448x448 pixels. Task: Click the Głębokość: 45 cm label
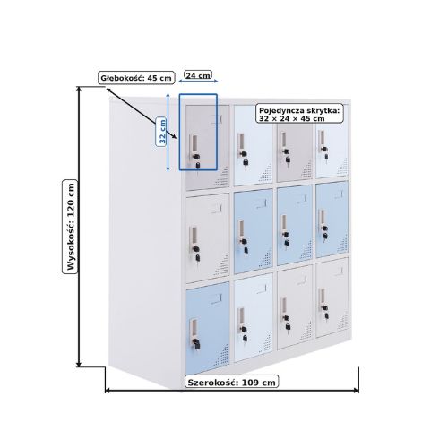tap(136, 78)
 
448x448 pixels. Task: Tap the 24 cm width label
tap(198, 75)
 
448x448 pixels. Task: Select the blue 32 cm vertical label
tap(161, 132)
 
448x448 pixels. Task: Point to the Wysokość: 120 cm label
tap(70, 227)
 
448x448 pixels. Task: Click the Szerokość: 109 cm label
tap(232, 382)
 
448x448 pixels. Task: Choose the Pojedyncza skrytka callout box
tap(299, 115)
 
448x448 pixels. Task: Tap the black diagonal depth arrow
tap(142, 113)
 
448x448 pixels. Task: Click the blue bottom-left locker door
tap(208, 327)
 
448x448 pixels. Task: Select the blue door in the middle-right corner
tap(332, 220)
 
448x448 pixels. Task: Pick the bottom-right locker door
tap(332, 297)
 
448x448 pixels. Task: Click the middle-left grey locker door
tap(208, 237)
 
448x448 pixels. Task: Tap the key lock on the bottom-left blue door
tap(196, 343)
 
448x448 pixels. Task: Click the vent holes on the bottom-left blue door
tap(220, 357)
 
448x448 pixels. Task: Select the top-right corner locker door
tap(332, 141)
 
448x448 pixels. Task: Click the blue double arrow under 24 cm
tap(198, 81)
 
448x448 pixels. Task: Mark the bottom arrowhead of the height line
tap(79, 364)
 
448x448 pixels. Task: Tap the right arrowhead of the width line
tap(356, 391)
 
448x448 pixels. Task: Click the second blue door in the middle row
tap(295, 226)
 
